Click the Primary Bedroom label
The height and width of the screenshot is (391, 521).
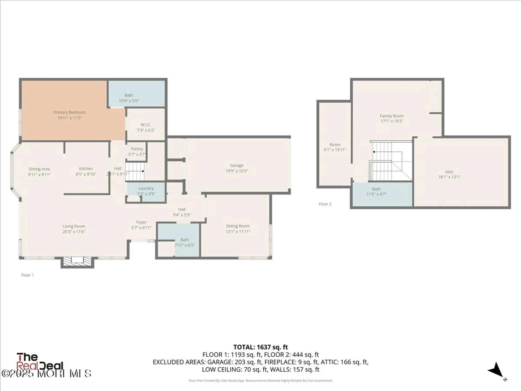(70, 112)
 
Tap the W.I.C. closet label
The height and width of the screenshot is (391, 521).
(146, 125)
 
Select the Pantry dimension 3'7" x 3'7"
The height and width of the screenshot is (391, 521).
(137, 155)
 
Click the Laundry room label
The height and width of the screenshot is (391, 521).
(146, 188)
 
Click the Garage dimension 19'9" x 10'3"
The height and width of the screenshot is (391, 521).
(237, 171)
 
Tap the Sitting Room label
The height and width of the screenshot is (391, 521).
(238, 226)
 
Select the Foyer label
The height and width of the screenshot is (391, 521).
(141, 222)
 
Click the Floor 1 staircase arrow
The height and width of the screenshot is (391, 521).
(142, 171)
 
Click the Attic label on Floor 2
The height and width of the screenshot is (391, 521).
(449, 172)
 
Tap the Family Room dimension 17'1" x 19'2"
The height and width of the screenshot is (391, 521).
(392, 121)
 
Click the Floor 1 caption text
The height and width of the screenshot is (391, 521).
(27, 275)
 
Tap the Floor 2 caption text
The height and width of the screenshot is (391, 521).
(325, 204)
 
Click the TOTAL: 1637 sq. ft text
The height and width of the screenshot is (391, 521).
(260, 347)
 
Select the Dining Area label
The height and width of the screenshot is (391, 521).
(39, 169)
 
